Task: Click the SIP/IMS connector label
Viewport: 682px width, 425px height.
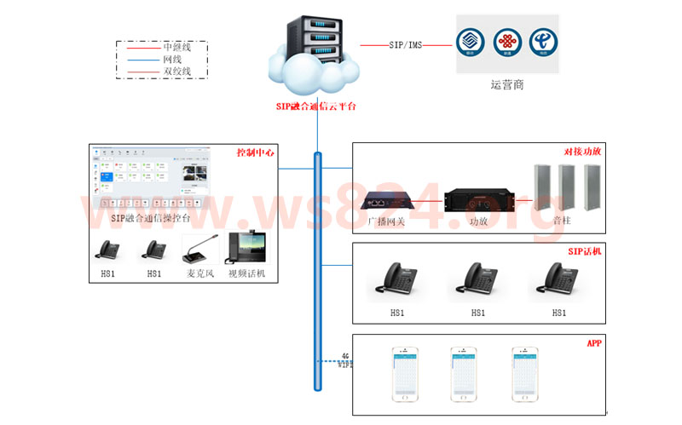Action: tap(405, 43)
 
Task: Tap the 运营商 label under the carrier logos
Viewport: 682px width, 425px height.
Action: tap(506, 85)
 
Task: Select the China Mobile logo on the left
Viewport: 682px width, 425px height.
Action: tap(470, 42)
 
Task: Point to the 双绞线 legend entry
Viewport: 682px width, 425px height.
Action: tap(176, 72)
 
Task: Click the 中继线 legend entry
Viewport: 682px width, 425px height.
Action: tap(176, 48)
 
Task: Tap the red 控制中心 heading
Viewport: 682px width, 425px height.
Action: tap(255, 153)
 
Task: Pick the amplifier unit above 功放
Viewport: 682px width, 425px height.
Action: tap(477, 198)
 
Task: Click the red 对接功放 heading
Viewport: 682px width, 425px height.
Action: tap(583, 152)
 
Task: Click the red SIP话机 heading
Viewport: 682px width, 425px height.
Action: tap(585, 252)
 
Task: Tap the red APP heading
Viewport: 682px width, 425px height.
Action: tap(594, 343)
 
